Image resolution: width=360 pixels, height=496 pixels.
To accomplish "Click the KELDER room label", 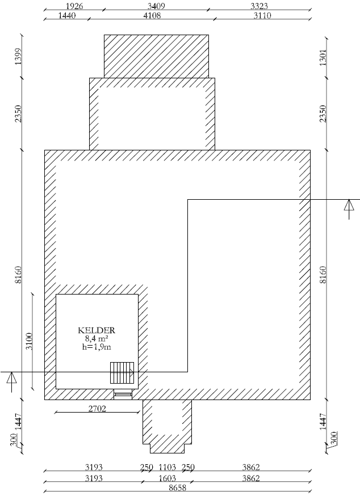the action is tap(97, 330).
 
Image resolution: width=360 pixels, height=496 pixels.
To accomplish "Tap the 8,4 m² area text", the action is tap(97, 339).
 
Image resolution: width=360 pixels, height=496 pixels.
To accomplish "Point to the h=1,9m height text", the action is tap(97, 347).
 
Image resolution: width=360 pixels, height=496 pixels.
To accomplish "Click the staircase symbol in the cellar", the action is tap(122, 373).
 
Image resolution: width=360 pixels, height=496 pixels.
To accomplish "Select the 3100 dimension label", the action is tap(29, 341).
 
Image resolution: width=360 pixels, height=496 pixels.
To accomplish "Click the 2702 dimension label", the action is tap(97, 409).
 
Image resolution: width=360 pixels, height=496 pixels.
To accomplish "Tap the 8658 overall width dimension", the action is tap(178, 487).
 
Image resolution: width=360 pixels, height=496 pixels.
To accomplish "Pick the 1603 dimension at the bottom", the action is tap(167, 478).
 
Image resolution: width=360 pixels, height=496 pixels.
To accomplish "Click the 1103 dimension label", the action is tap(167, 467).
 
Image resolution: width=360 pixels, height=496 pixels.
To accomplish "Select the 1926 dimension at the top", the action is tap(74, 6).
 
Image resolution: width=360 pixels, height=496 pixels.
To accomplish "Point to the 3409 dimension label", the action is tap(156, 6).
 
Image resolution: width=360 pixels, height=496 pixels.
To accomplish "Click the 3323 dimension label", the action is tap(259, 6).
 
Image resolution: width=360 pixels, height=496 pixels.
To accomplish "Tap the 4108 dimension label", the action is tap(152, 15).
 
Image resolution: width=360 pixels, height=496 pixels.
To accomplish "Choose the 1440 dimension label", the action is tap(67, 15).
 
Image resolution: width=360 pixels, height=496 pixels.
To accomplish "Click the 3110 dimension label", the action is tap(262, 15).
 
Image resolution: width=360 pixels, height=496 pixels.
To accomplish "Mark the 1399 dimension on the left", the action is tap(18, 57).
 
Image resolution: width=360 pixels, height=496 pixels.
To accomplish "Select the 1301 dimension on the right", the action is tap(323, 57).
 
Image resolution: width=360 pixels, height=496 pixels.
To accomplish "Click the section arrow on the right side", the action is tap(349, 209).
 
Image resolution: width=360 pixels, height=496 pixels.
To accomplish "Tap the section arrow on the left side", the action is tap(11, 382).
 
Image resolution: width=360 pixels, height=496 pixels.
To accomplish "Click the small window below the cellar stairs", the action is tap(123, 395).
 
